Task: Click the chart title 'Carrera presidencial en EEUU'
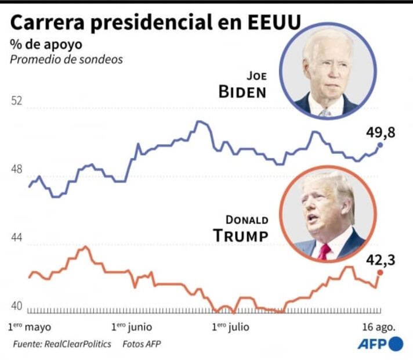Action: coord(156,23)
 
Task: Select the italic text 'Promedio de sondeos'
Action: coord(66,59)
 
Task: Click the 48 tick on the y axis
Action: coord(17,170)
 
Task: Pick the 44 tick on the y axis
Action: coord(17,238)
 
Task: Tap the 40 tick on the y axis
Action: coord(17,306)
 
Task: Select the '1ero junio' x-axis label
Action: coord(132,326)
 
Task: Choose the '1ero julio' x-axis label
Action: coord(230,326)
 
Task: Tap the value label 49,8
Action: coord(380,132)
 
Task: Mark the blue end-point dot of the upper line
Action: coord(381,145)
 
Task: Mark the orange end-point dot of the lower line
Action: coord(381,272)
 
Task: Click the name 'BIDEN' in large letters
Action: coord(242,92)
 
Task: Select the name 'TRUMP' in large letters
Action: coord(240,235)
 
